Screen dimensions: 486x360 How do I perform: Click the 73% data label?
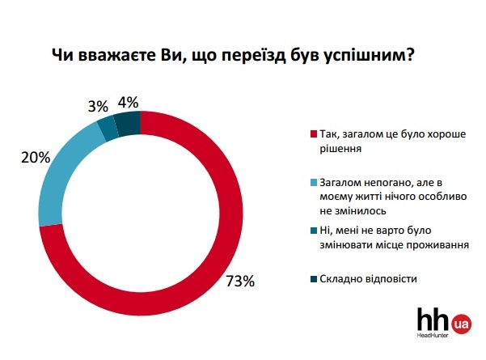(x=240, y=281)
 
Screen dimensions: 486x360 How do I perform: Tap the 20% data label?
(x=36, y=158)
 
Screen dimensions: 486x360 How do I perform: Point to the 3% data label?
(x=98, y=107)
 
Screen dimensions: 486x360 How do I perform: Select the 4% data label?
(x=128, y=102)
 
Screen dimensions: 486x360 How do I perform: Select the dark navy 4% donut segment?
(x=128, y=124)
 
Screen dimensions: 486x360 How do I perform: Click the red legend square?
(x=314, y=134)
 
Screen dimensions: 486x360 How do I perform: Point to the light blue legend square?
(x=314, y=183)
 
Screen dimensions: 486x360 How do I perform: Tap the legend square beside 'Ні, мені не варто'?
(x=314, y=231)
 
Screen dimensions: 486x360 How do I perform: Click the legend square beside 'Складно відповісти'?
(x=314, y=279)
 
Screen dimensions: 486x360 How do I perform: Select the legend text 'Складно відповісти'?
(x=368, y=279)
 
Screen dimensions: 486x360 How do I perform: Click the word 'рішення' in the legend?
(x=340, y=149)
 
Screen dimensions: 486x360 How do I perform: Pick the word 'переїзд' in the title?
(x=254, y=56)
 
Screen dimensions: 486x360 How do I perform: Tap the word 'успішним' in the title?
(x=364, y=57)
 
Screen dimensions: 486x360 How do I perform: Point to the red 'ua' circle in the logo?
(x=461, y=324)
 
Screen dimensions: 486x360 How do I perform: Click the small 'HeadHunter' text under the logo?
(x=433, y=335)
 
